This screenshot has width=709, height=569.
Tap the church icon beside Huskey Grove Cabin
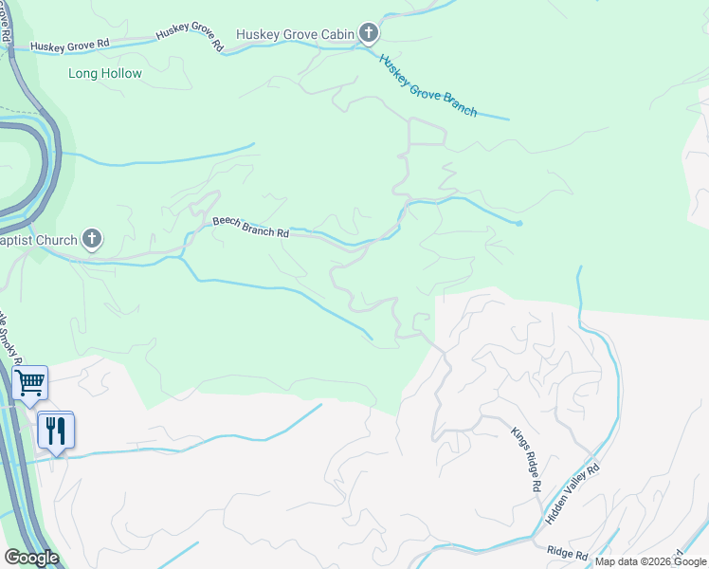369,35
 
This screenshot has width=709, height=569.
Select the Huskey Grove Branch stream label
427,85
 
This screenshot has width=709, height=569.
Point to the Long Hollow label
105,73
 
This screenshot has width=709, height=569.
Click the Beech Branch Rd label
250,227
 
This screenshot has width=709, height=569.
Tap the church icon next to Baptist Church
92,240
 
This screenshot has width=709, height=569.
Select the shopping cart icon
30,383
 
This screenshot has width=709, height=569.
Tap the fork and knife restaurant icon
56,431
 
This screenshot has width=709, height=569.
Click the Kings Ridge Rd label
525,458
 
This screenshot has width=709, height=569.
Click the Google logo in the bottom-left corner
30,558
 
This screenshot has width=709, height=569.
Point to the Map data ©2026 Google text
650,561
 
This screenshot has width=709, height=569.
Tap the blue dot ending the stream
519,224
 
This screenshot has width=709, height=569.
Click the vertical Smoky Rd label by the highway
9,332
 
